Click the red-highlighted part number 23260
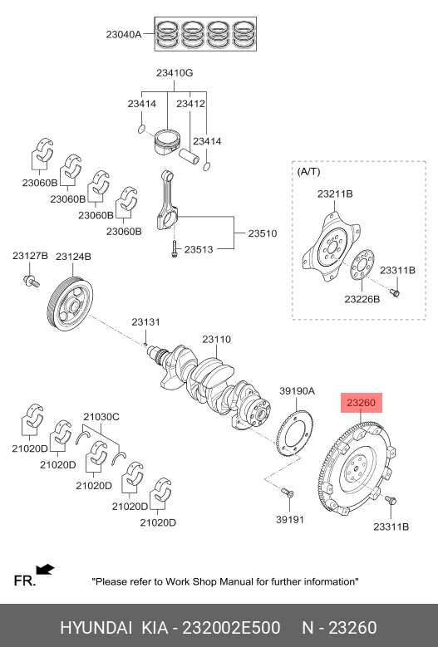pyautogui.click(x=362, y=403)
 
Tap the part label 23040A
pyautogui.click(x=124, y=34)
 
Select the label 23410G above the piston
pyautogui.click(x=175, y=73)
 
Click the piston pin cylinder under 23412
pyautogui.click(x=189, y=156)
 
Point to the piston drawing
pyautogui.click(x=167, y=141)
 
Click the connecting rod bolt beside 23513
pyautogui.click(x=175, y=249)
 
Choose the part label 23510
pyautogui.click(x=262, y=233)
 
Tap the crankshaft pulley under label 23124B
pyautogui.click(x=69, y=305)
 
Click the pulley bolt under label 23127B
pyautogui.click(x=31, y=281)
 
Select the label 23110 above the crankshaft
pyautogui.click(x=216, y=339)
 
